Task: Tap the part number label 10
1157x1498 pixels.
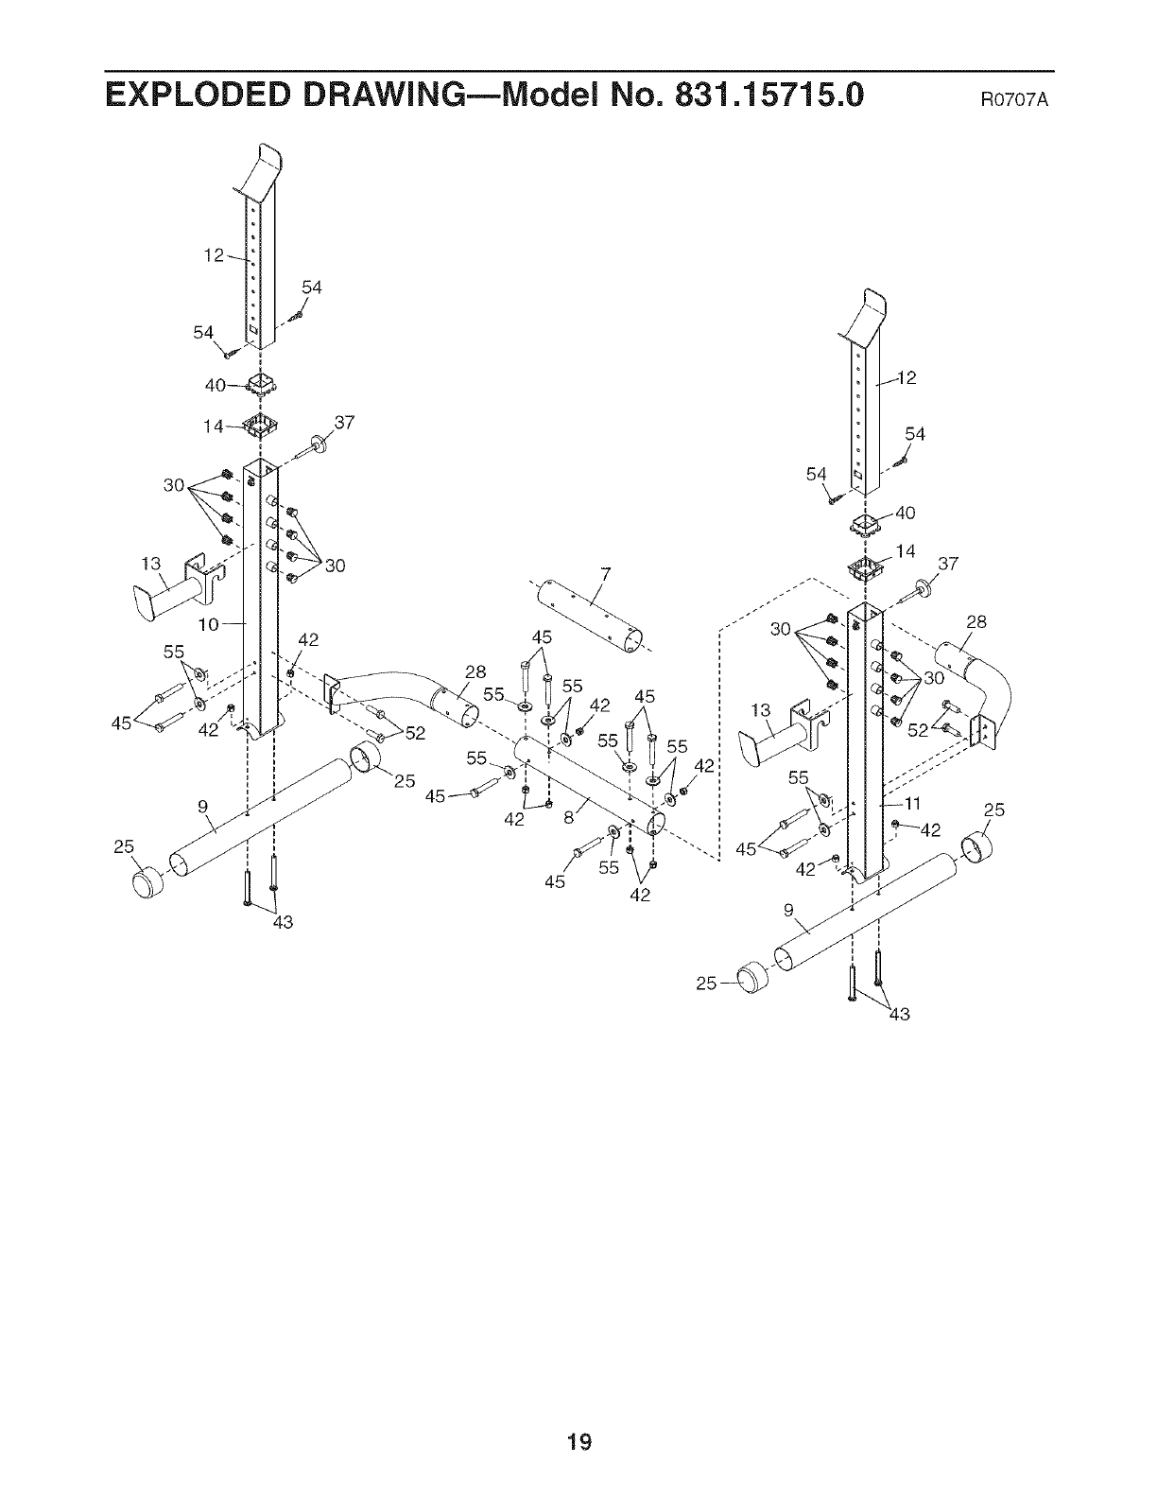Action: pyautogui.click(x=209, y=624)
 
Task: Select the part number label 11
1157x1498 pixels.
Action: pyautogui.click(x=912, y=804)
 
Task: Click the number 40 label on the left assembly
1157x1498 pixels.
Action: pyautogui.click(x=215, y=385)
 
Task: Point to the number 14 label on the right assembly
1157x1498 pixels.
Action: pyautogui.click(x=906, y=551)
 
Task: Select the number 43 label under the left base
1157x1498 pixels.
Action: pyautogui.click(x=282, y=923)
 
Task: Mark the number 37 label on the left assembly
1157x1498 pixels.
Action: pyautogui.click(x=343, y=423)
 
